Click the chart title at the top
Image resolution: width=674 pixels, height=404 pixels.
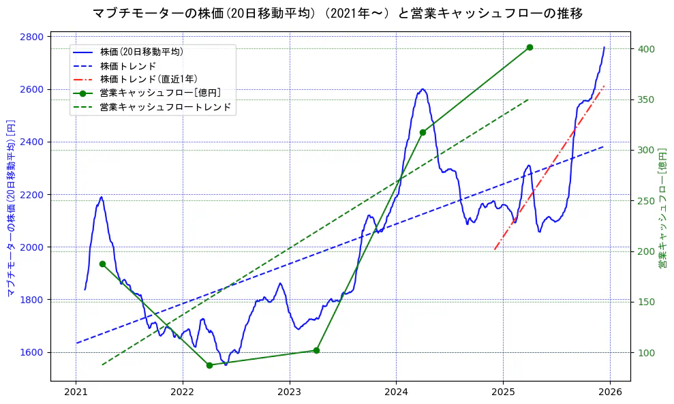pos(337,13)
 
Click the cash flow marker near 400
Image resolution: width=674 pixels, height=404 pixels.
pos(530,47)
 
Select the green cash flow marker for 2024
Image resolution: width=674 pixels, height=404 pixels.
pos(423,132)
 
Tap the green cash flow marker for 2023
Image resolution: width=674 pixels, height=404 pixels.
pos(316,350)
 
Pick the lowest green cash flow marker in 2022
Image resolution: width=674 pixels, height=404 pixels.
pos(209,365)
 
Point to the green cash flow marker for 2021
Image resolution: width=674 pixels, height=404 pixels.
pos(102,264)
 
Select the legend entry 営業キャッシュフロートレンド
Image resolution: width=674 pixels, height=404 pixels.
pos(166,107)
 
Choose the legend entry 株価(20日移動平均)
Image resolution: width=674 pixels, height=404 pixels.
pos(141,51)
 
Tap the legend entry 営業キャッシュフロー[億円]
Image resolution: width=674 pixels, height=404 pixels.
pos(160,93)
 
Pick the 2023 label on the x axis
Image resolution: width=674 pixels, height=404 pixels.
pos(289,392)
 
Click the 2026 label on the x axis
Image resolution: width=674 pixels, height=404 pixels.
pos(610,392)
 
